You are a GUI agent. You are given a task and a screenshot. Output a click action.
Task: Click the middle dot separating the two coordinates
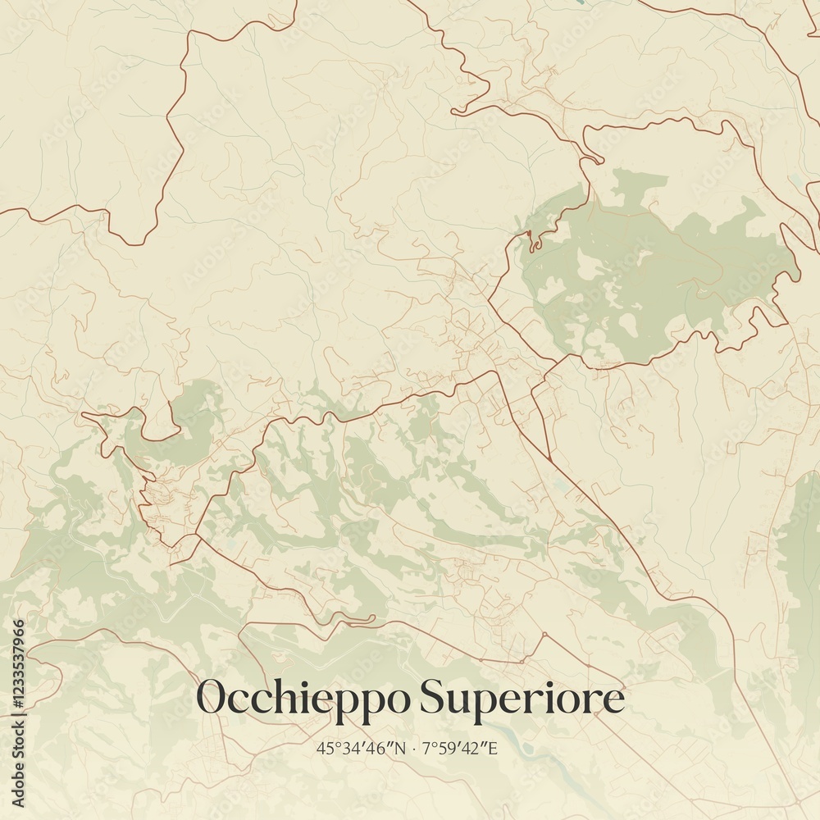pyautogui.click(x=415, y=748)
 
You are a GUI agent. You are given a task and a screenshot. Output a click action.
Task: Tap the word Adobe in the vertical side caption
pyautogui.click(x=18, y=788)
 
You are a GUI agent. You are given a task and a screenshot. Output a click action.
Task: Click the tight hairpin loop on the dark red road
pyautogui.click(x=533, y=240)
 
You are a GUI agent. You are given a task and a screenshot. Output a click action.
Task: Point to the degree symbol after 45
pyautogui.click(x=331, y=744)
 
